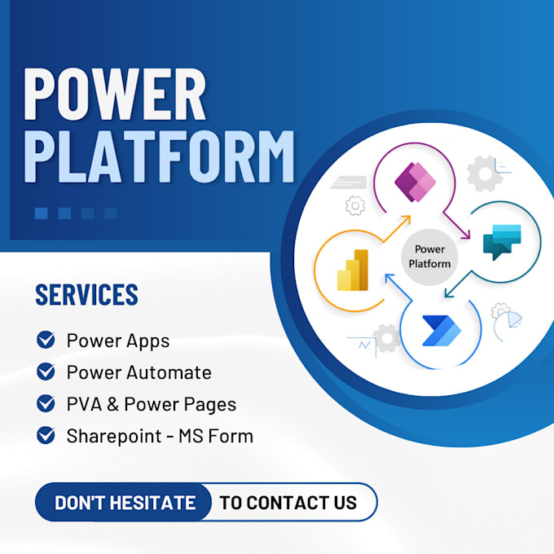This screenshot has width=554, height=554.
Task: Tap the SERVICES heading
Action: (x=86, y=295)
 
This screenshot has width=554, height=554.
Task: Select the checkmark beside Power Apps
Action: (x=46, y=340)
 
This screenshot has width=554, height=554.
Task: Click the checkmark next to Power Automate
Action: (x=46, y=372)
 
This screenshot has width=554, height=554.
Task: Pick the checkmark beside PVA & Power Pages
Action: (x=46, y=403)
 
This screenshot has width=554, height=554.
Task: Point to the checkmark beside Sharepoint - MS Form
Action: (x=46, y=435)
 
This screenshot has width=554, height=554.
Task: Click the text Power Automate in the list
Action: (x=138, y=372)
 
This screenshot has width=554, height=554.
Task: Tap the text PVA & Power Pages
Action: (x=152, y=404)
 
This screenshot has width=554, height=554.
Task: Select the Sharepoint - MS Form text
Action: (x=160, y=436)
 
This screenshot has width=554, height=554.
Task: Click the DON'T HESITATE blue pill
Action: (x=125, y=503)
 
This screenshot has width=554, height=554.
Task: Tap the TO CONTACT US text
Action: (x=288, y=503)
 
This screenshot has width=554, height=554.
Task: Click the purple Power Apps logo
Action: (x=415, y=180)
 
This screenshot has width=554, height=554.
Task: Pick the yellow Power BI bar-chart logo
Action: (x=354, y=270)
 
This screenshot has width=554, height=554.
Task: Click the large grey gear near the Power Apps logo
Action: (x=485, y=174)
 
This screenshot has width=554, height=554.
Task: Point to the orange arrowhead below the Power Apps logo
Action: (x=405, y=220)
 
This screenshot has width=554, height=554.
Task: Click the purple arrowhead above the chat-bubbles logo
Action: (x=467, y=235)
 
